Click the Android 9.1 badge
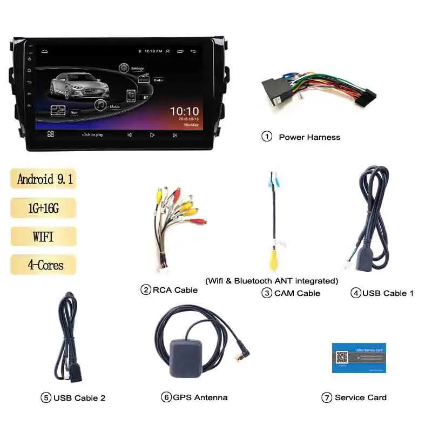[43, 179]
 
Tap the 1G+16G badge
[43, 208]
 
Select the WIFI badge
[43, 237]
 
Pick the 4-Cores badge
[43, 265]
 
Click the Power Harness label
[309, 137]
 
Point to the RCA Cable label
[175, 290]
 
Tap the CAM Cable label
[297, 293]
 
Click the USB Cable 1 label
[388, 293]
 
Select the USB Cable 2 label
[79, 398]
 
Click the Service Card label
[361, 397]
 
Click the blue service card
[359, 357]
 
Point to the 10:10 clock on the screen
[184, 111]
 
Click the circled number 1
[267, 137]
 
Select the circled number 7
[327, 397]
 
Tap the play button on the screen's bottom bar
[152, 134]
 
